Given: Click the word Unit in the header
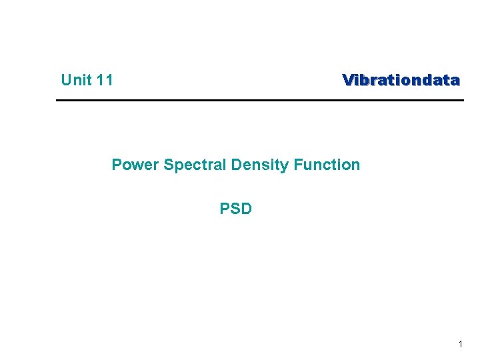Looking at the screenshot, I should pyautogui.click(x=76, y=81).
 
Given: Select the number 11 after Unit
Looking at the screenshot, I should pyautogui.click(x=104, y=81).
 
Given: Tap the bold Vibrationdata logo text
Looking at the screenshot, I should pyautogui.click(x=401, y=81).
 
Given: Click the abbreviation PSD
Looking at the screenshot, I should pyautogui.click(x=236, y=209).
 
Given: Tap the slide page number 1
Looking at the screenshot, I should pyautogui.click(x=460, y=344).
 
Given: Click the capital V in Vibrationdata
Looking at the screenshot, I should pyautogui.click(x=347, y=81).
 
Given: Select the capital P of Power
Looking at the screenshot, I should pyautogui.click(x=117, y=165).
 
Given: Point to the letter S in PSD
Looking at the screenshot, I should pyautogui.click(x=235, y=209).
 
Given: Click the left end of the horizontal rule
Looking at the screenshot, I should pyautogui.click(x=57, y=101).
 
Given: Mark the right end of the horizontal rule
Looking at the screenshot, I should pyautogui.click(x=462, y=101).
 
